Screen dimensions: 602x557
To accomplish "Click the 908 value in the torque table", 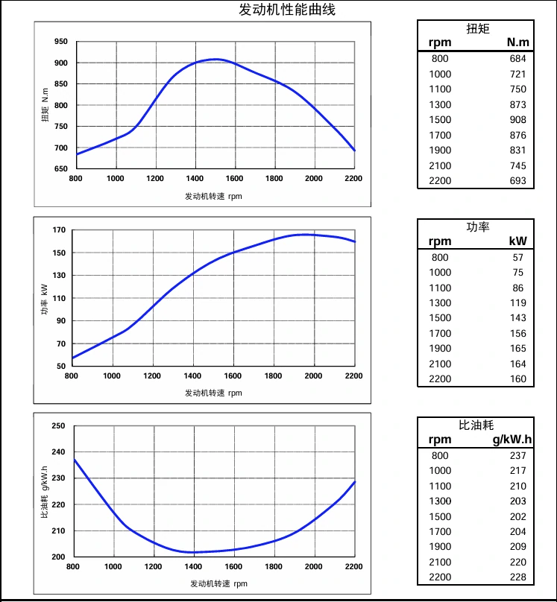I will (x=517, y=120).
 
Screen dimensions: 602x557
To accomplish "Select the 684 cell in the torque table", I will (x=517, y=59).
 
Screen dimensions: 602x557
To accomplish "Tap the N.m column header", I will (x=517, y=43).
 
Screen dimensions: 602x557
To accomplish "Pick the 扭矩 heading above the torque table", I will (x=476, y=28).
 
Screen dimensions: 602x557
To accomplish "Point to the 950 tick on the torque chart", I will (x=61, y=42).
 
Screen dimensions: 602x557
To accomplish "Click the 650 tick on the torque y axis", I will (x=61, y=169).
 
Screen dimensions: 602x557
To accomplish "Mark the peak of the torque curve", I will (x=215, y=59).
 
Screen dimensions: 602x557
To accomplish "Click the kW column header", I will (x=517, y=241).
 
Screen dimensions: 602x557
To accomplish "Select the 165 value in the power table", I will (x=517, y=349).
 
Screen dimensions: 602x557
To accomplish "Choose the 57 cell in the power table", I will (x=517, y=257).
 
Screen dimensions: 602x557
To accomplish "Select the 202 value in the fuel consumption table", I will (x=517, y=516).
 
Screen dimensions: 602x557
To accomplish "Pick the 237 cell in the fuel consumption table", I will (x=517, y=455).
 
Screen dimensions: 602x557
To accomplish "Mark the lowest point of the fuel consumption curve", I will (x=193, y=552).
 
